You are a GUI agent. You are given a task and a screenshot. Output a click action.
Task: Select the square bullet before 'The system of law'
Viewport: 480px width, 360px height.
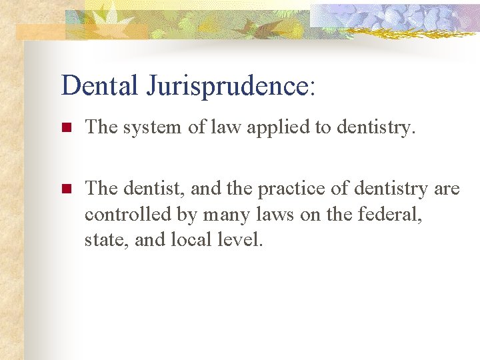tap(65, 127)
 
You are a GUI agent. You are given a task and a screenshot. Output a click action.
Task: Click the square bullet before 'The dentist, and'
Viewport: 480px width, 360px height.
tap(65, 189)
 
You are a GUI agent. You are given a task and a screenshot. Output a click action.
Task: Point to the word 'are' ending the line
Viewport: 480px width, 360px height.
tap(447, 189)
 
